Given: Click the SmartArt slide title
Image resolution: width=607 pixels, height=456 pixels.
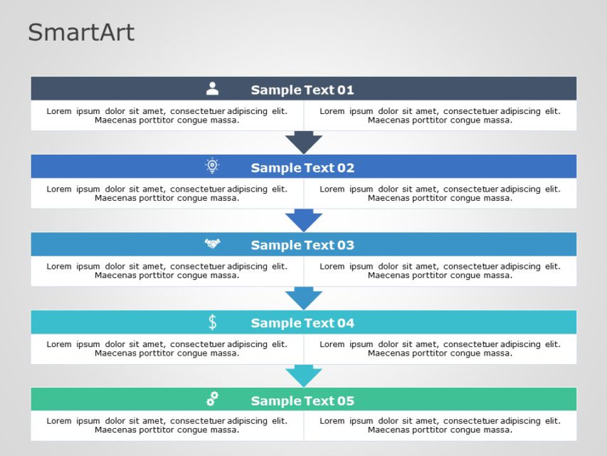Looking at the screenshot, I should pos(80,33).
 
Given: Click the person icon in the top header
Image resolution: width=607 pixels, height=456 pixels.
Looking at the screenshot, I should pos(212,89).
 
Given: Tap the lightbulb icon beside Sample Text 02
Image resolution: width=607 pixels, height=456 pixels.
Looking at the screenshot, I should pos(212,167).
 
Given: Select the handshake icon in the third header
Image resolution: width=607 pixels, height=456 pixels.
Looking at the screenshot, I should pos(212,244).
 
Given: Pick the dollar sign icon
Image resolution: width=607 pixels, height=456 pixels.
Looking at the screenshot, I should pos(212,322).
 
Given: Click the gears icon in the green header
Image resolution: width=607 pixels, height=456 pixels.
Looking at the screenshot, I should pos(212,400).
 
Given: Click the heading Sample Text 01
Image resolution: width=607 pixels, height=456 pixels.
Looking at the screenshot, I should pos(302,90).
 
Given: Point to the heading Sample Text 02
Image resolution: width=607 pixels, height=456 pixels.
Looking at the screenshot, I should pos(302,167).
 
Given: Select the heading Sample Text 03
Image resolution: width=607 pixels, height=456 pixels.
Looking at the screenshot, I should pos(302,245).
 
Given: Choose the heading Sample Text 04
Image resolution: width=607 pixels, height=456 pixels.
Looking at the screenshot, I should pos(302,323).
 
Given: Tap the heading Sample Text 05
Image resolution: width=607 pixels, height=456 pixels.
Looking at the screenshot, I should pos(302,400).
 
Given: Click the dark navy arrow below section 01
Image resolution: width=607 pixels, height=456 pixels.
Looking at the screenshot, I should pos(304,142).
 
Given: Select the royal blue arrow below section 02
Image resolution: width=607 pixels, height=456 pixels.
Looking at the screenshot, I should pos(304,219).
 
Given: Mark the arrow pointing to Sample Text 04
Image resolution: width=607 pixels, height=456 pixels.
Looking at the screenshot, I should pos(304,297).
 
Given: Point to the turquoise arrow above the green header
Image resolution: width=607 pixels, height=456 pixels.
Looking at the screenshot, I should pos(304,375).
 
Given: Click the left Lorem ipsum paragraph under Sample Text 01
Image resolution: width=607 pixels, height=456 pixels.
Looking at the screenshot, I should pos(167,115).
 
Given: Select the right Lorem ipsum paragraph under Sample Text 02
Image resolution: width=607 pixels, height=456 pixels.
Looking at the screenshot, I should pos(440,193).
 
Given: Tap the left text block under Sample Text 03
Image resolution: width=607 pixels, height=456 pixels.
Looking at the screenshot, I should pos(167,271).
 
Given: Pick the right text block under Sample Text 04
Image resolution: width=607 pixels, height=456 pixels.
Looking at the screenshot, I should pos(440,348).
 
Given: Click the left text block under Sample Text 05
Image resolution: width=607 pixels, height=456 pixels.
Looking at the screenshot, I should pos(167,425).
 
